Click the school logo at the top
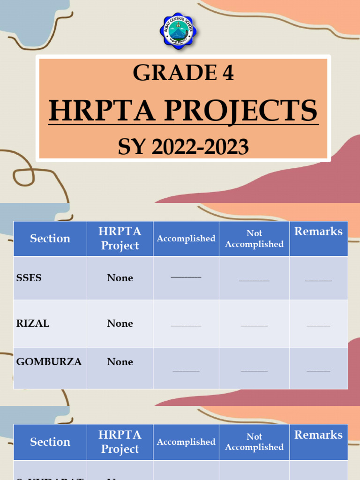(x=178, y=31)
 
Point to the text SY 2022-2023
(x=183, y=148)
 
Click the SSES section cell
(x=29, y=277)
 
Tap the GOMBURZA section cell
(x=49, y=362)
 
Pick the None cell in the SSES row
(x=120, y=278)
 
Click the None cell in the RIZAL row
(x=120, y=323)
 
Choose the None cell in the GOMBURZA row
(x=120, y=362)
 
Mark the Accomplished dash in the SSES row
(x=186, y=277)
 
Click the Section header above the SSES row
(x=50, y=239)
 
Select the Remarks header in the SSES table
(x=318, y=232)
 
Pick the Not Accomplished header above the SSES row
(x=254, y=239)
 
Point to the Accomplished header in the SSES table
(x=186, y=239)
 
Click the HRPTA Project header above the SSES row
(x=120, y=239)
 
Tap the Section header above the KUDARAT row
(x=50, y=442)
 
